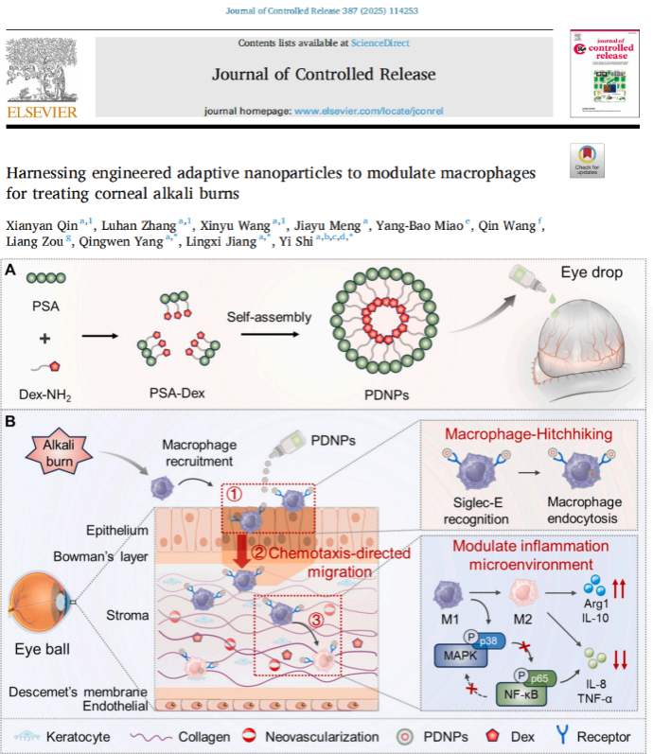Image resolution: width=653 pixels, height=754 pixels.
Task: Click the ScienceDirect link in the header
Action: click(x=379, y=43)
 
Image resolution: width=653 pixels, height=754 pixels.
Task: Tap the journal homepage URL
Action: click(x=368, y=111)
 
